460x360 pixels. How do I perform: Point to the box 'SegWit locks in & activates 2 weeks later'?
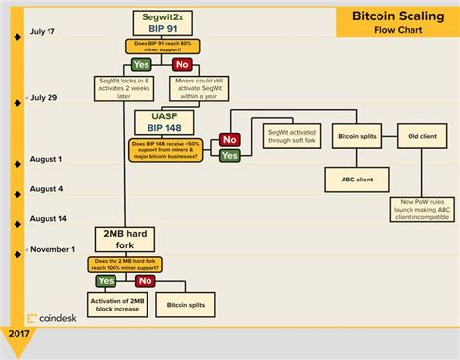(x=124, y=88)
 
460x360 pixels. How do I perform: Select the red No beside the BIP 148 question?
(x=230, y=140)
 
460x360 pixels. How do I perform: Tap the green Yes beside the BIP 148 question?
(x=230, y=155)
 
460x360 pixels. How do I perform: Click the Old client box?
(x=422, y=136)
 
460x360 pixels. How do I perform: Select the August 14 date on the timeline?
(x=49, y=219)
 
